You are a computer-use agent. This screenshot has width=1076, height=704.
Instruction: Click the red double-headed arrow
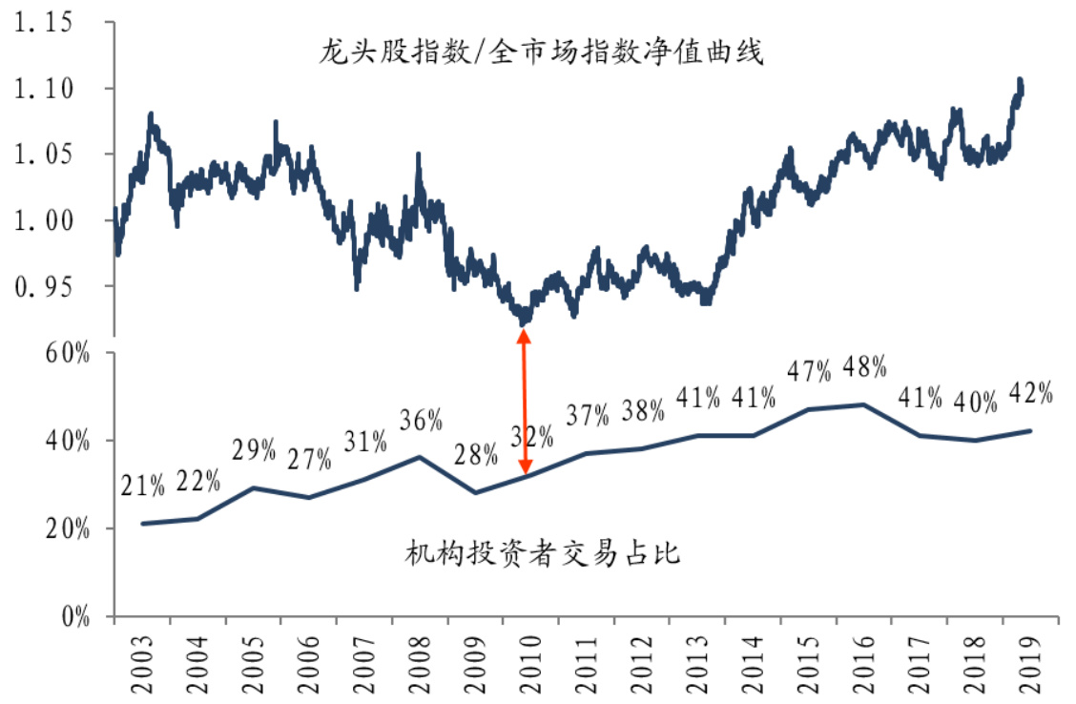tap(524, 402)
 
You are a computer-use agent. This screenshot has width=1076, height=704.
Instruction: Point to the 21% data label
tap(143, 487)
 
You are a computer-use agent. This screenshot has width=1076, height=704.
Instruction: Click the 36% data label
tap(421, 420)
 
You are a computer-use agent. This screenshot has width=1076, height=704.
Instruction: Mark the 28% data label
tap(476, 456)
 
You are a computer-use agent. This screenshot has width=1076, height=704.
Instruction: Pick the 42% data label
tap(1030, 393)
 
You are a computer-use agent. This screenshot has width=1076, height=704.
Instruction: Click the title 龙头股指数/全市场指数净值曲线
tap(541, 52)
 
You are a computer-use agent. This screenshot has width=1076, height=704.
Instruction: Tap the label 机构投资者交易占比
tap(542, 552)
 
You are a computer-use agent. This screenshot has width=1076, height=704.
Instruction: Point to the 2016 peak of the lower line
tap(863, 404)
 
